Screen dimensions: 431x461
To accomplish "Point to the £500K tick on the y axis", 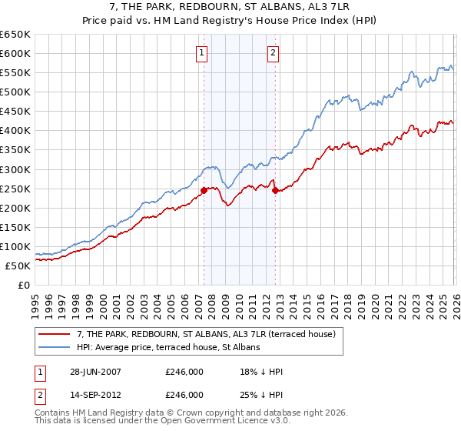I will pyautogui.click(x=15, y=92).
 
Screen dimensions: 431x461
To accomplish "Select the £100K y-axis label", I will pyautogui.click(x=15, y=246).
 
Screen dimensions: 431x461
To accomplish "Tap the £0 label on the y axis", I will pyautogui.click(x=23, y=285).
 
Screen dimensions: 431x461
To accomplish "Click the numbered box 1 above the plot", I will pyautogui.click(x=201, y=53).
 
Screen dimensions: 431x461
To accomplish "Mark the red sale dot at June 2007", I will pyautogui.click(x=204, y=190).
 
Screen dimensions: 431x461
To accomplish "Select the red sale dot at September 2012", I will pyautogui.click(x=275, y=190).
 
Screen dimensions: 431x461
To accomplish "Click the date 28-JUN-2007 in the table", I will pyautogui.click(x=95, y=371).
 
